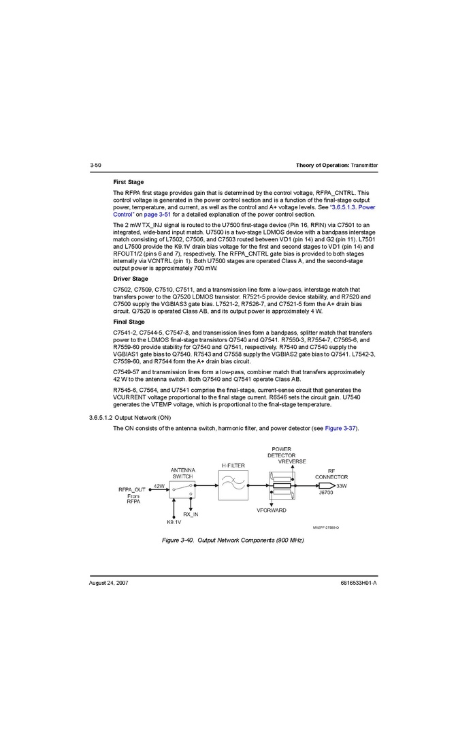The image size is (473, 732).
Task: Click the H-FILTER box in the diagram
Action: point(233,485)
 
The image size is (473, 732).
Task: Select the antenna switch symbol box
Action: point(182,489)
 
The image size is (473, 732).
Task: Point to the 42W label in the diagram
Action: point(159,486)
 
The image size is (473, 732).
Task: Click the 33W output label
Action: point(342,486)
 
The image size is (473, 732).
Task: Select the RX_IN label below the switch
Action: point(191,515)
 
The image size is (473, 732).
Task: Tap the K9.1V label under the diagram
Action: point(174,522)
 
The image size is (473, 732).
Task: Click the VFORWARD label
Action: point(272,510)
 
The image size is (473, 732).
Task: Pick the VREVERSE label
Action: point(292,461)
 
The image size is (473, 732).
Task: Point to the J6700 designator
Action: point(326,493)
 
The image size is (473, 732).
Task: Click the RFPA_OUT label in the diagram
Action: point(132,489)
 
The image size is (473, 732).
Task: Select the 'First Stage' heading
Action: point(128,182)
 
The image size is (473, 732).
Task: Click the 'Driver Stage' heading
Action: point(130,279)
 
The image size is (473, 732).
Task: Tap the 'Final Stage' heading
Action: point(129,322)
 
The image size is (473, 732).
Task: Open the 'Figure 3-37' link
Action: point(340,428)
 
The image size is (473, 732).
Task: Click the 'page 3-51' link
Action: point(158,214)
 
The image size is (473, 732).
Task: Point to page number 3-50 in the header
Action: point(95,166)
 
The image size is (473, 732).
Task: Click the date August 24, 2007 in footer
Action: point(109,583)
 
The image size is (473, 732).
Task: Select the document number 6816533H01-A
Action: point(359,583)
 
